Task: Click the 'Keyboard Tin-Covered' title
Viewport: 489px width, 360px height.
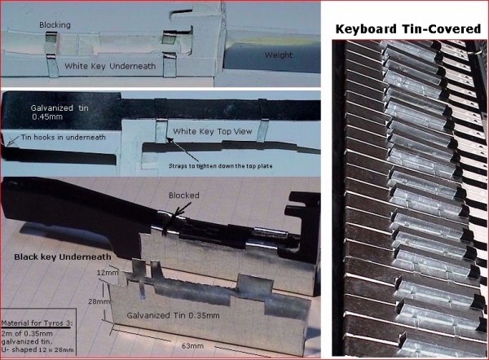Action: pyautogui.click(x=408, y=29)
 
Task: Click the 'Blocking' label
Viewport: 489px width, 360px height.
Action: pyautogui.click(x=55, y=25)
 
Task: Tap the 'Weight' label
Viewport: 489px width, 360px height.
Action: pyautogui.click(x=279, y=55)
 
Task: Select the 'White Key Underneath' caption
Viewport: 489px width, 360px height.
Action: pyautogui.click(x=110, y=66)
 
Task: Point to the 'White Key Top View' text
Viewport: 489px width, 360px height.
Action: pyautogui.click(x=213, y=131)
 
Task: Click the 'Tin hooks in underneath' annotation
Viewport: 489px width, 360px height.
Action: pyautogui.click(x=63, y=137)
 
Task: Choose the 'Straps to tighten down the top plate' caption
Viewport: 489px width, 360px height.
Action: pyautogui.click(x=221, y=166)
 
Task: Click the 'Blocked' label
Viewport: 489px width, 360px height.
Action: pyautogui.click(x=183, y=195)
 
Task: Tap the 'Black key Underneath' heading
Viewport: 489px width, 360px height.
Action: pyautogui.click(x=63, y=257)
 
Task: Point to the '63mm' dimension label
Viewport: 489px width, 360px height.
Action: pyautogui.click(x=192, y=345)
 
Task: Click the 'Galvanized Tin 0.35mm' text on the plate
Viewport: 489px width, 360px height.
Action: pyautogui.click(x=173, y=315)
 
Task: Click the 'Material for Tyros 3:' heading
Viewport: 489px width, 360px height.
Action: pyautogui.click(x=37, y=323)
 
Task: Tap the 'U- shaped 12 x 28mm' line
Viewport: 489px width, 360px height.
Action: pyautogui.click(x=37, y=349)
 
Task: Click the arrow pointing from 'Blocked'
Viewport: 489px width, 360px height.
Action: pyautogui.click(x=177, y=214)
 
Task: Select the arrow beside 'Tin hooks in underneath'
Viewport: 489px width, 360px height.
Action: pyautogui.click(x=12, y=141)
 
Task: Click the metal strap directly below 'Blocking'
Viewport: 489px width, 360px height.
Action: pyautogui.click(x=52, y=65)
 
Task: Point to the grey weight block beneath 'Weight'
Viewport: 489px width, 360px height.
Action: pyautogui.click(x=271, y=58)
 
